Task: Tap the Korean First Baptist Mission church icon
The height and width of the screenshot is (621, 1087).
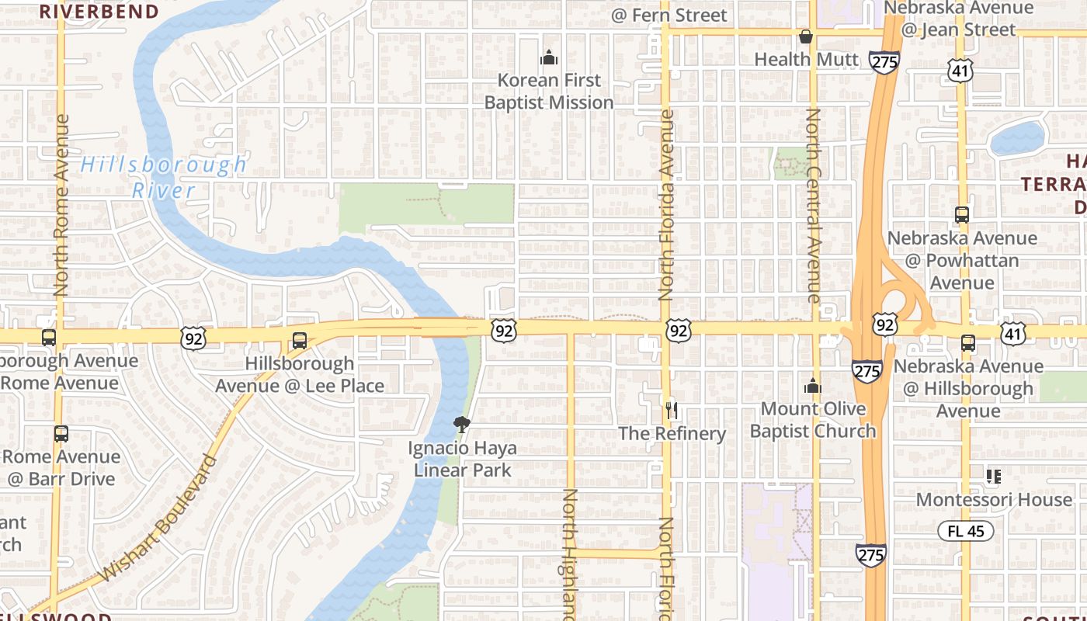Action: click(549, 57)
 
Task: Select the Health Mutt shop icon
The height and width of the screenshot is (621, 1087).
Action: click(806, 36)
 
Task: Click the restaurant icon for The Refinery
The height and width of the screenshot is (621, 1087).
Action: click(672, 410)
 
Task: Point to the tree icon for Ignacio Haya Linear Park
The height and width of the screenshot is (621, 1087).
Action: click(462, 424)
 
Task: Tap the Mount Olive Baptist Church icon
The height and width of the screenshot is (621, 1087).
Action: click(813, 386)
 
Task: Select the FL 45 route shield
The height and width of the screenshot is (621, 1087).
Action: click(966, 532)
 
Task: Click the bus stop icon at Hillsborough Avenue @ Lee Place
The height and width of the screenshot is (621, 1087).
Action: click(299, 341)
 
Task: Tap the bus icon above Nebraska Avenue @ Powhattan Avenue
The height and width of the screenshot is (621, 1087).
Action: click(962, 215)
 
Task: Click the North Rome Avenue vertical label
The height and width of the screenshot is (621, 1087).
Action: click(62, 206)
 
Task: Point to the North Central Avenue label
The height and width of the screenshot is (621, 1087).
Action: click(813, 206)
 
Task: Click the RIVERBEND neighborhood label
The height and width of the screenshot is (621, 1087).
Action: click(99, 12)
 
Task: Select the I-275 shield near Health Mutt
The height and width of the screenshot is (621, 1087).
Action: click(884, 62)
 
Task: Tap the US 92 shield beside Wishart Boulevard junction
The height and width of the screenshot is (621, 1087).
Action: click(194, 337)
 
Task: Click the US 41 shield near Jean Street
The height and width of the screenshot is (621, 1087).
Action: click(960, 71)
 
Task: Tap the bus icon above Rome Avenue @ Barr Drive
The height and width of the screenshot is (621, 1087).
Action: click(61, 434)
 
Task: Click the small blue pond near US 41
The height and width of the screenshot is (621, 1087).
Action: click(1017, 138)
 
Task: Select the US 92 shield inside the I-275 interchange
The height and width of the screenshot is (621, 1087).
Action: click(884, 324)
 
